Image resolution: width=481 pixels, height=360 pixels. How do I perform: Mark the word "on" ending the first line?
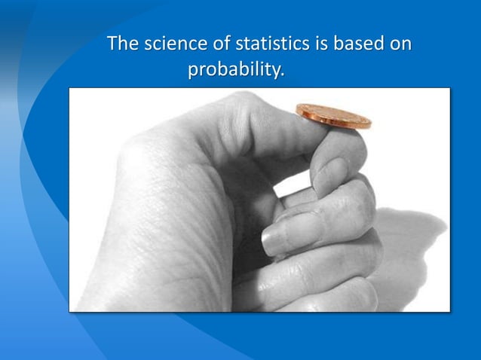pos(400,44)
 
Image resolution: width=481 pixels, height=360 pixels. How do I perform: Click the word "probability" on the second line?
pos(234,72)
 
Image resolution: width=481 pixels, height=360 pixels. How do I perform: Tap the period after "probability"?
pos(283,76)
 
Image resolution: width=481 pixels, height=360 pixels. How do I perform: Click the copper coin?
pos(333,116)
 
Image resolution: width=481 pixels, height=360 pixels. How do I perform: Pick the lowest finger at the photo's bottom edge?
pos(339,297)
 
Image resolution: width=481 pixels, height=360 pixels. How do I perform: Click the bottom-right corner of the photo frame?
pos(449,311)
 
